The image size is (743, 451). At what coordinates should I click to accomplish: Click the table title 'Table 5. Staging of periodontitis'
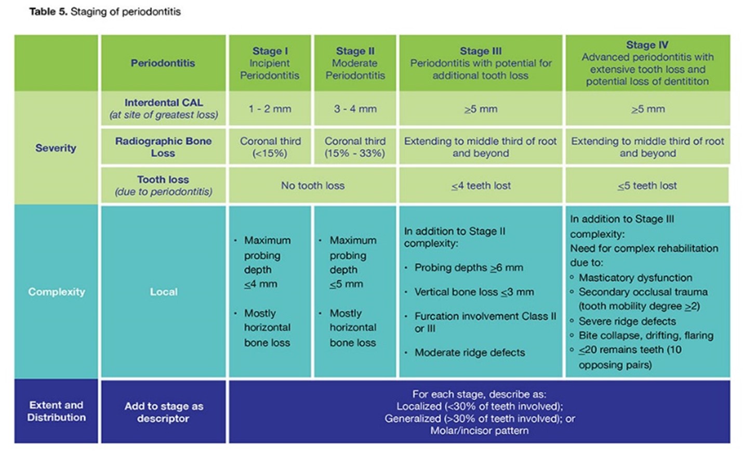point(105,11)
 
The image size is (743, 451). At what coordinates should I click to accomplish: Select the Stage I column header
point(270,63)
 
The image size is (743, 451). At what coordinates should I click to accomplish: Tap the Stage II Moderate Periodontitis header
point(355,63)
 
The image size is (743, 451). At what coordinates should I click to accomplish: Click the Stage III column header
point(481,63)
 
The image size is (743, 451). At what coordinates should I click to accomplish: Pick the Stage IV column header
point(647,63)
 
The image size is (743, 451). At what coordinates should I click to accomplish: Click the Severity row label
point(56,148)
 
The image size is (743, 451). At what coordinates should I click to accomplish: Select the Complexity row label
point(56,292)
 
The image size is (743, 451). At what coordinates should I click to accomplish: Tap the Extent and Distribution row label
point(56,411)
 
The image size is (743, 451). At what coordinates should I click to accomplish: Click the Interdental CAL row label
point(163,109)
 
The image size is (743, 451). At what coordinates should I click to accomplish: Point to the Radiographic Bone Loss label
point(163,147)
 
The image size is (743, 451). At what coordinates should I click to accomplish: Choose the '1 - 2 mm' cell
point(270,109)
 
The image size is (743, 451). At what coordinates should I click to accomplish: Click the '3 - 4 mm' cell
point(355,109)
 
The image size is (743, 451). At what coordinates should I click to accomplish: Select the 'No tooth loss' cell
point(312,186)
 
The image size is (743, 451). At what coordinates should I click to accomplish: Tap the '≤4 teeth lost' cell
point(481,186)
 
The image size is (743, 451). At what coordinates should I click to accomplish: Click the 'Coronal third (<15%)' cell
point(270,147)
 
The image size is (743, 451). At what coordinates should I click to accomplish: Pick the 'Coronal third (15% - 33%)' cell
point(355,147)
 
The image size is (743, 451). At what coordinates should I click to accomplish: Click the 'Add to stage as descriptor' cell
point(163,412)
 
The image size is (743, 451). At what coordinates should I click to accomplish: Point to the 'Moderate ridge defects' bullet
point(469,353)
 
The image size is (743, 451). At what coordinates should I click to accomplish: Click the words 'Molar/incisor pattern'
point(479,431)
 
